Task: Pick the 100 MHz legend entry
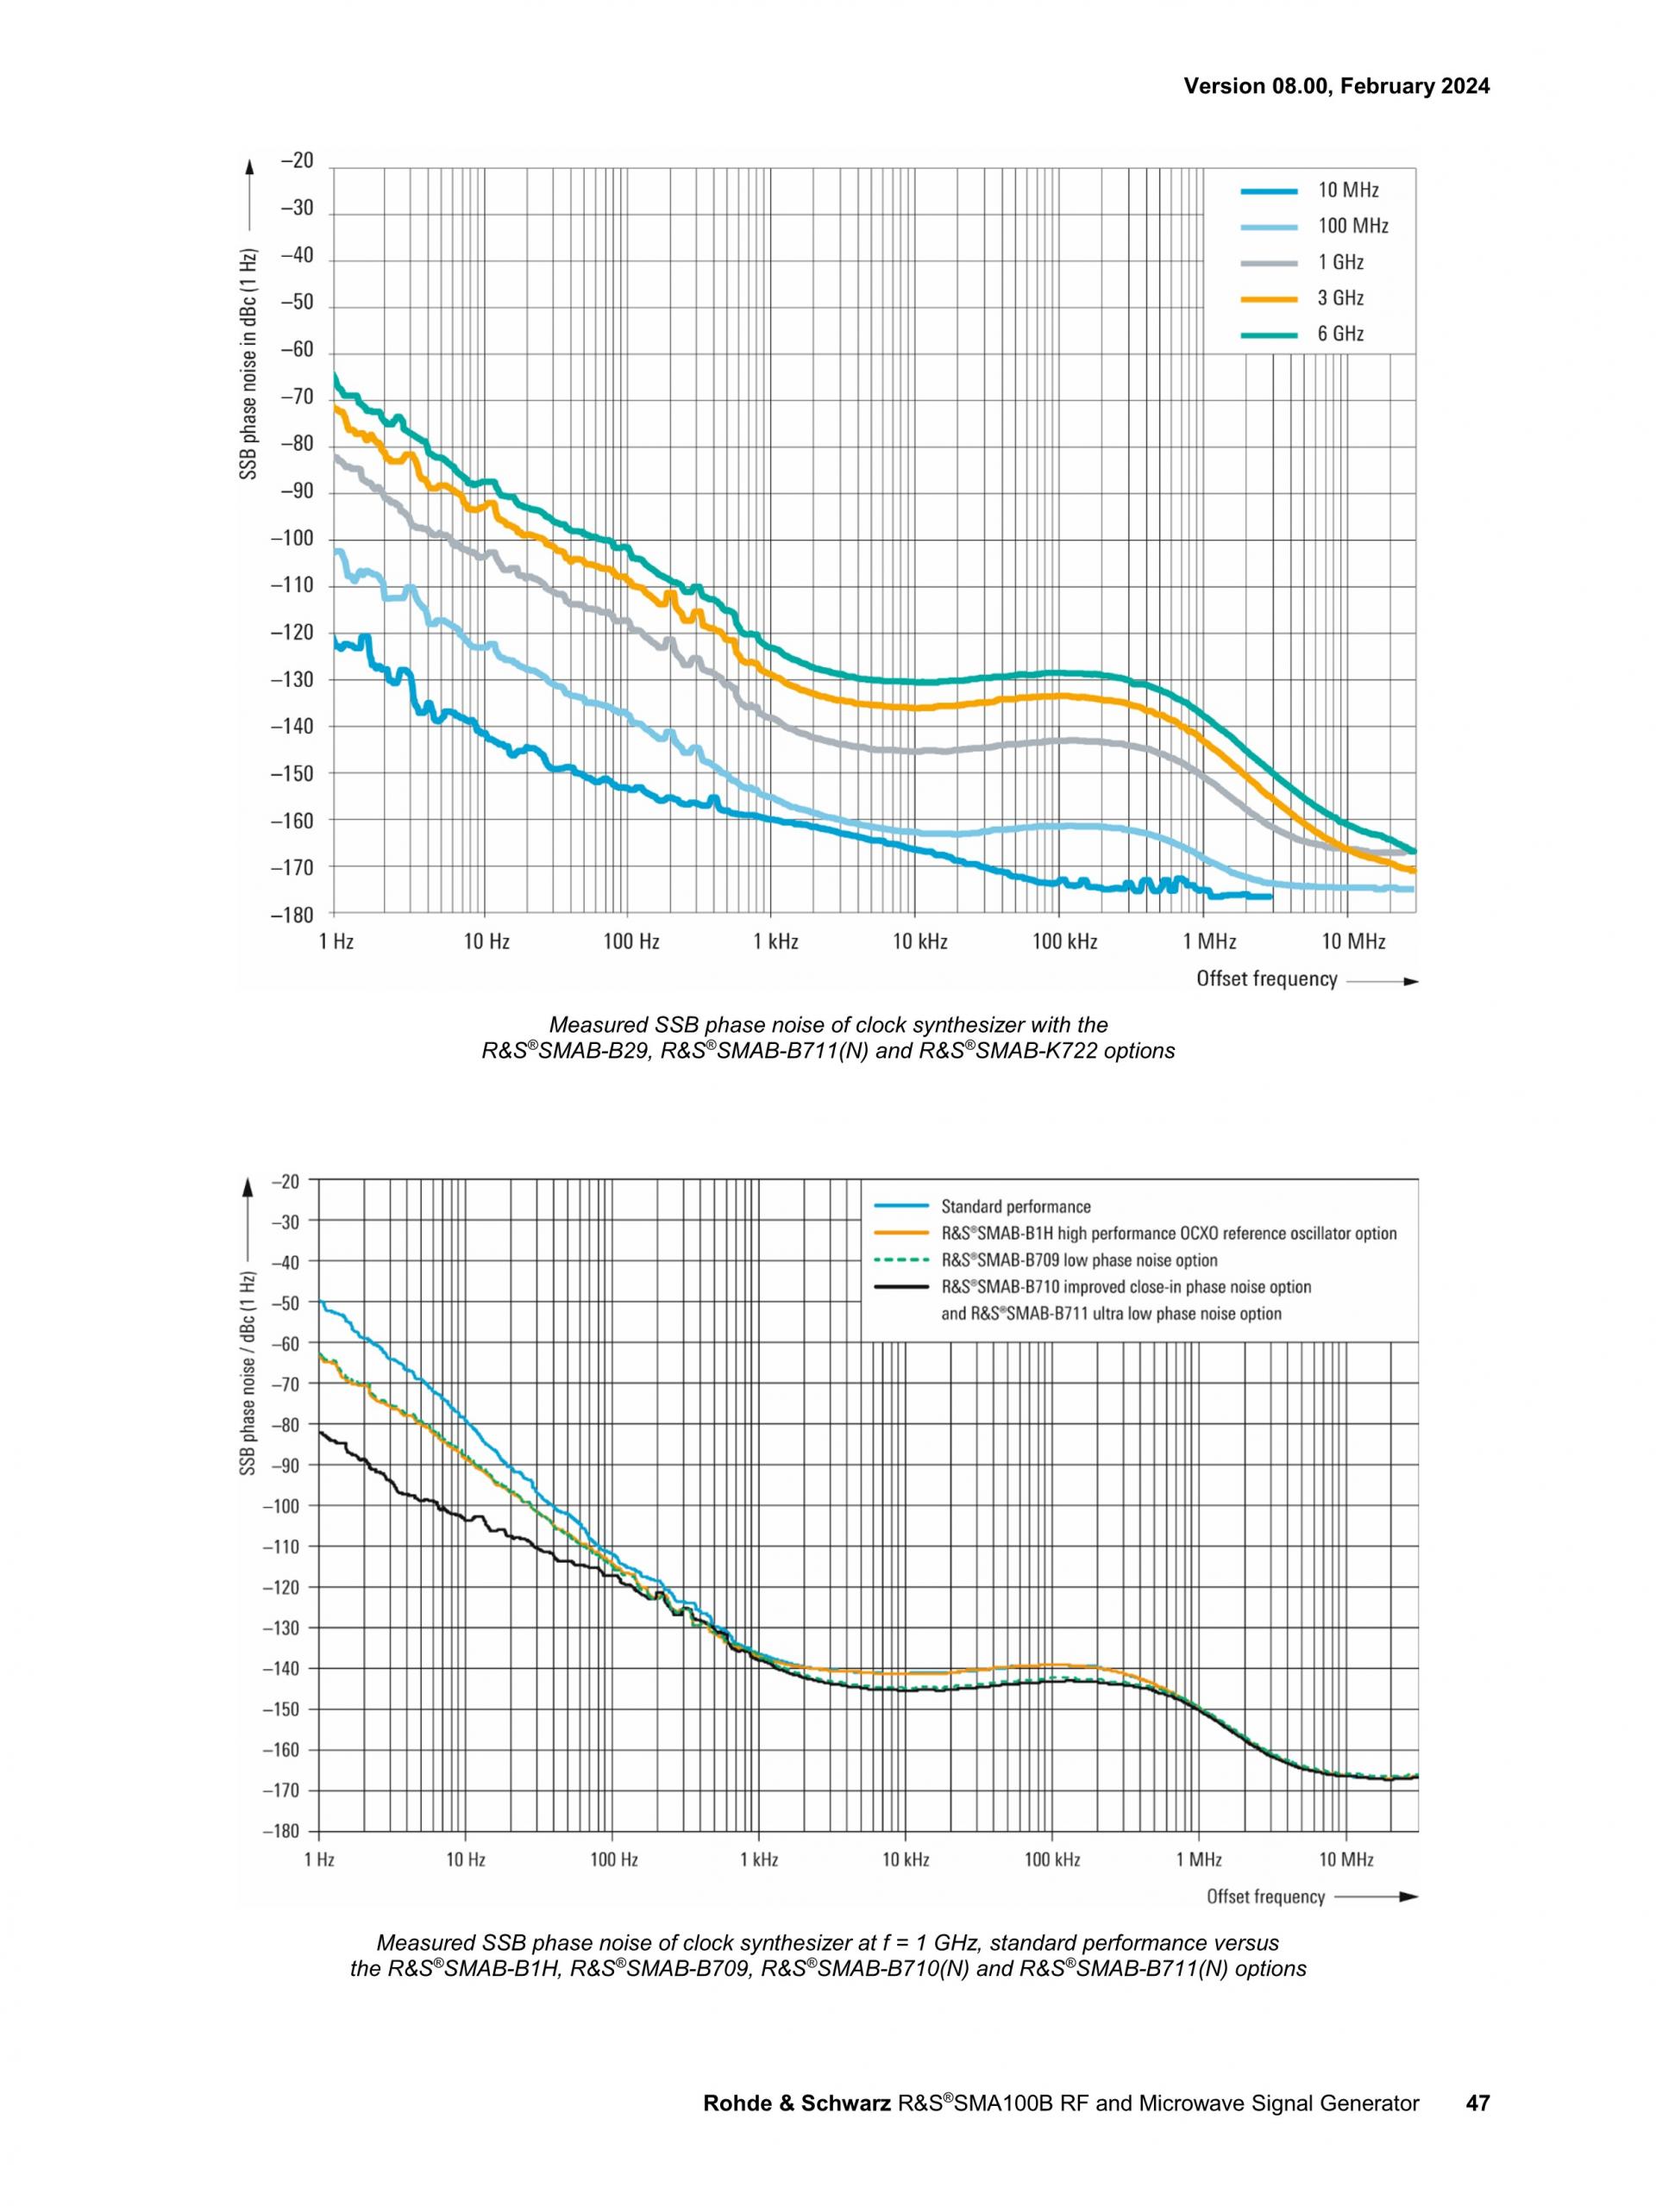[1314, 227]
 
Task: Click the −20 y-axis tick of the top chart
[297, 161]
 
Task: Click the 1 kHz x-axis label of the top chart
[775, 941]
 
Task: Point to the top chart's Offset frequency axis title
[1267, 979]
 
